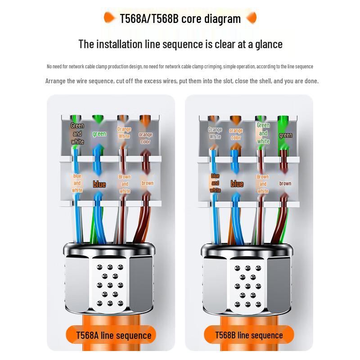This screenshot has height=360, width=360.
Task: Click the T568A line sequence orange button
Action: click(114, 335)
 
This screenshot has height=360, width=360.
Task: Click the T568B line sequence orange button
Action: click(249, 335)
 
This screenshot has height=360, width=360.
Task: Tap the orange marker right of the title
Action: click(252, 18)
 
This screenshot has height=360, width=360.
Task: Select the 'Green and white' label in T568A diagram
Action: click(77, 134)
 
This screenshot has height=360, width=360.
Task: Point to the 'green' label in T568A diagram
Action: click(99, 134)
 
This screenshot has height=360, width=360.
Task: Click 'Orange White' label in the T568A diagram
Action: click(124, 133)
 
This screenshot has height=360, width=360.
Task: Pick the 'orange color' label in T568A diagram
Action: click(145, 138)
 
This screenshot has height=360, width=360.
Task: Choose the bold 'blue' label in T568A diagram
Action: click(99, 184)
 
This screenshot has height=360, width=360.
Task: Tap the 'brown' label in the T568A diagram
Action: click(147, 183)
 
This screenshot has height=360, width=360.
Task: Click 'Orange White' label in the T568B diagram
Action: click(215, 133)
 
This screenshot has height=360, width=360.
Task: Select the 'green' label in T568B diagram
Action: click(285, 135)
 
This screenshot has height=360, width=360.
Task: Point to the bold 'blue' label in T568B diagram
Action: click(237, 184)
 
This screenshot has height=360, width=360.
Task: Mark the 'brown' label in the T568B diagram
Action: click(285, 183)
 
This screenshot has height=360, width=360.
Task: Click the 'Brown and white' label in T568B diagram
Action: click(263, 184)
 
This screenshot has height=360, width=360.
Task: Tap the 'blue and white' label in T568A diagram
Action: click(77, 183)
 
